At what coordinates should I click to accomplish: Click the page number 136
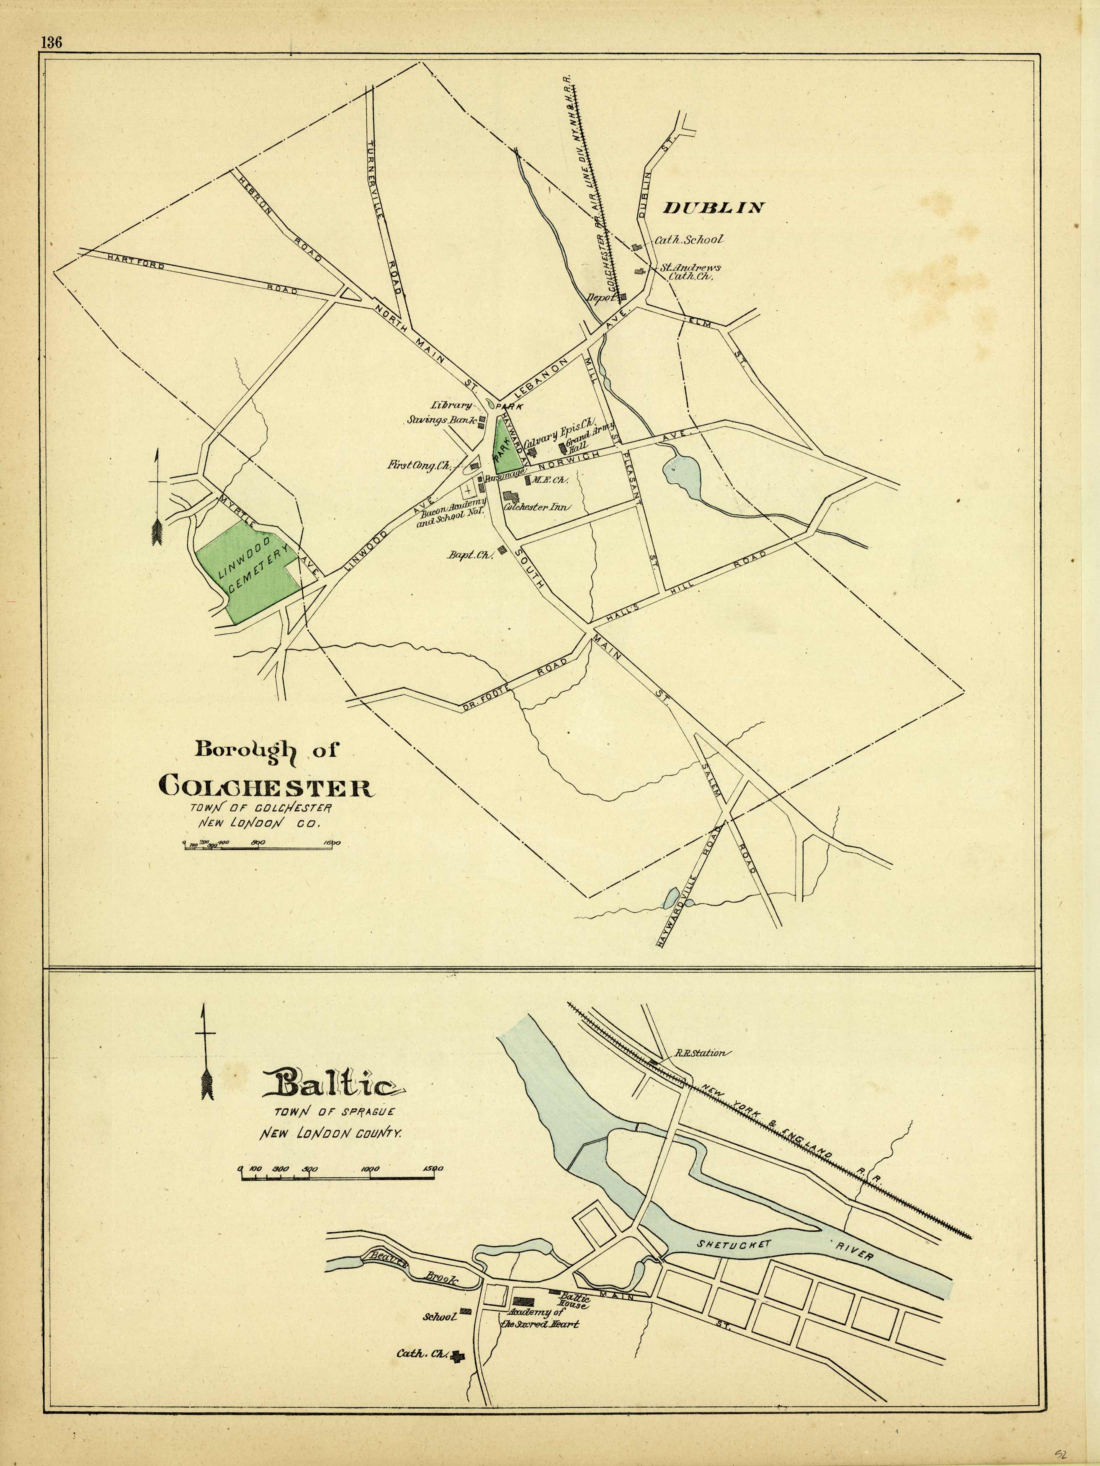(51, 42)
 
